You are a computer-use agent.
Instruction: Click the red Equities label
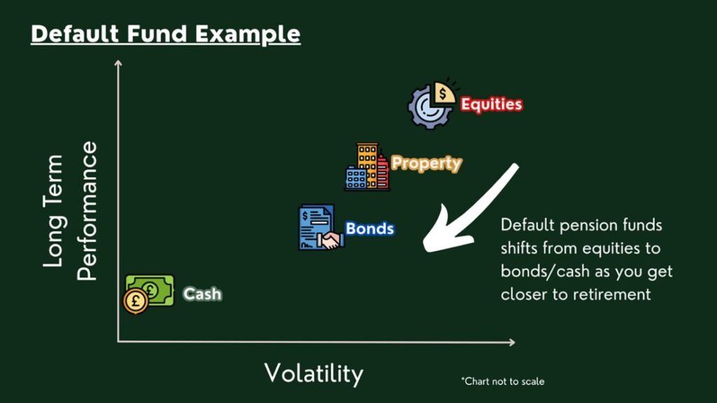coord(491,104)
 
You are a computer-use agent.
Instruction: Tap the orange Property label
coord(426,163)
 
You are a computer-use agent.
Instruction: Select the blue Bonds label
coord(370,229)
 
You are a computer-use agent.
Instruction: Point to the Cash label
coord(202,293)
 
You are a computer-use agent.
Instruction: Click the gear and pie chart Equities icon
coord(431,104)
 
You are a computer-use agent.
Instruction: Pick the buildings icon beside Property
coord(367,167)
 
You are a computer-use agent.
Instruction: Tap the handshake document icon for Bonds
coord(320,227)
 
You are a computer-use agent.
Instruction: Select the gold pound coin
coord(135,302)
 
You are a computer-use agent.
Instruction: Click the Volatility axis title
coord(314,374)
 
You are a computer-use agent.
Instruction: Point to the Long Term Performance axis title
coord(70,211)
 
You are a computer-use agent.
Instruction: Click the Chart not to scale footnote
coord(503,381)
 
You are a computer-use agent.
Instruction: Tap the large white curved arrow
coord(462,215)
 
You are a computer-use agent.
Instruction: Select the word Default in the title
coord(75,34)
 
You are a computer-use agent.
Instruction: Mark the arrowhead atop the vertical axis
coord(118,63)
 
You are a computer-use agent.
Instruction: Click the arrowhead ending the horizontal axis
coord(512,341)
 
